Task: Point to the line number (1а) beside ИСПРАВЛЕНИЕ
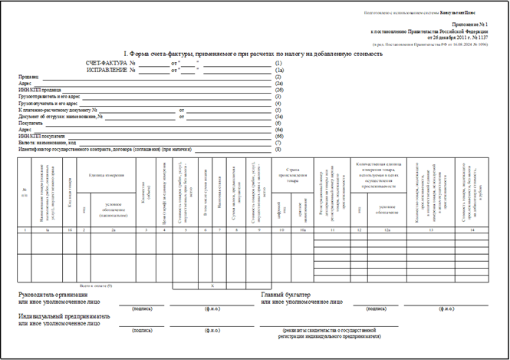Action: click(279, 70)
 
